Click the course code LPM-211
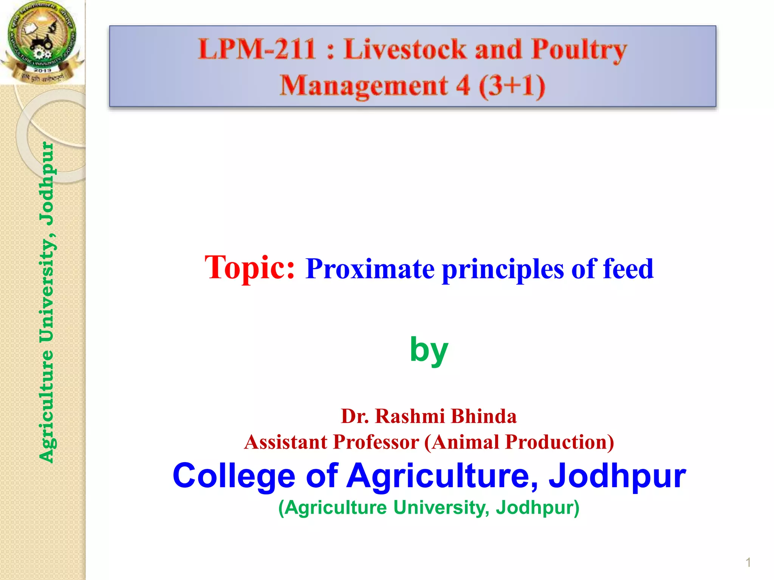[257, 49]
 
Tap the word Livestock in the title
[405, 49]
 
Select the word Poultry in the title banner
[579, 50]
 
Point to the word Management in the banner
[364, 86]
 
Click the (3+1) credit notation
[512, 86]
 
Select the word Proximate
[370, 269]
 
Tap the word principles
[502, 270]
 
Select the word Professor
[376, 442]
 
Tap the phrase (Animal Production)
[519, 442]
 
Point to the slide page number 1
[748, 563]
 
